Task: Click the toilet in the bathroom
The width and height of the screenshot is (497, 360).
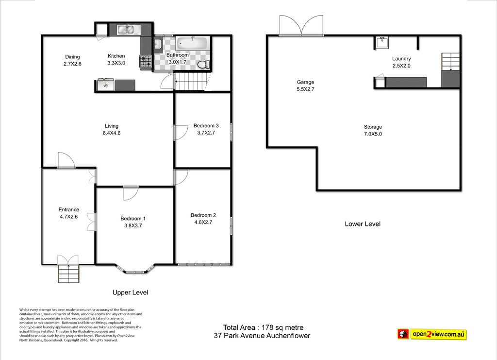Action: click(x=203, y=65)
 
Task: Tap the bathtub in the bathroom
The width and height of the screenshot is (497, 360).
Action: click(x=192, y=43)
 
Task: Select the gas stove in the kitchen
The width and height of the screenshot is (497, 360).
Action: click(x=146, y=62)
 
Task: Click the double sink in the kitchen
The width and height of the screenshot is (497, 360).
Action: click(x=126, y=30)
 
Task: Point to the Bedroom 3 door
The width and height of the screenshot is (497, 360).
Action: click(x=181, y=132)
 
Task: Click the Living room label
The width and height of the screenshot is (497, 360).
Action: click(x=112, y=126)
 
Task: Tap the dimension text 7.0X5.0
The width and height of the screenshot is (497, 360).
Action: click(x=373, y=134)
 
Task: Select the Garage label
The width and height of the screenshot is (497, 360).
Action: click(x=306, y=82)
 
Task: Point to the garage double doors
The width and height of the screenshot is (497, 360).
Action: click(x=301, y=25)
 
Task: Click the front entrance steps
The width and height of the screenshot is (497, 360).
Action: click(x=68, y=273)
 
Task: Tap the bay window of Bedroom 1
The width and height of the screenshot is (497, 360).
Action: click(x=135, y=269)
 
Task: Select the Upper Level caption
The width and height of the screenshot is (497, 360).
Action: click(x=130, y=292)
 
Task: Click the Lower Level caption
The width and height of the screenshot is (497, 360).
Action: click(x=363, y=224)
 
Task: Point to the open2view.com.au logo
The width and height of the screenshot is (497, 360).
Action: click(x=432, y=334)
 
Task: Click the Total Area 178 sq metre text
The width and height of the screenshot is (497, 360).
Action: click(x=263, y=327)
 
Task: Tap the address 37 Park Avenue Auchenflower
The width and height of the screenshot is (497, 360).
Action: click(x=262, y=336)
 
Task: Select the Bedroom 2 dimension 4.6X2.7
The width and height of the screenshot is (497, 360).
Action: click(x=203, y=222)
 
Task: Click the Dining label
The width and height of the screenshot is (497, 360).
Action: click(x=72, y=57)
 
